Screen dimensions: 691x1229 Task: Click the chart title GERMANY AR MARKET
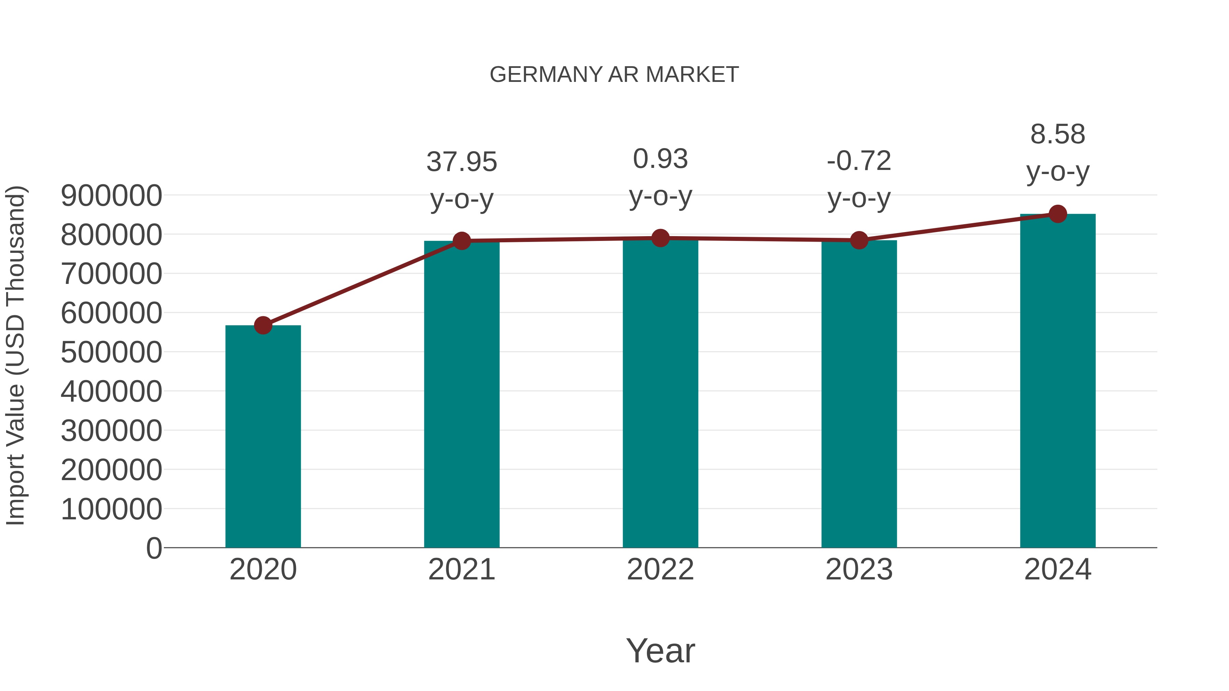(x=614, y=75)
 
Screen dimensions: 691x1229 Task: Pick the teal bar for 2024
(x=1058, y=382)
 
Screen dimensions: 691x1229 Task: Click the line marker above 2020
(x=263, y=326)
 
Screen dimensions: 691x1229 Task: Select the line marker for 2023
(x=859, y=240)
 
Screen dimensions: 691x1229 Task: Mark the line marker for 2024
(x=1058, y=214)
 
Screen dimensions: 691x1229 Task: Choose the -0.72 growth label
(x=859, y=161)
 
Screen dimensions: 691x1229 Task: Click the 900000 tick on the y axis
(x=111, y=196)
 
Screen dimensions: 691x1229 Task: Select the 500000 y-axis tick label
(x=111, y=352)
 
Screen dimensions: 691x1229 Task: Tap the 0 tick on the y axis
(x=154, y=548)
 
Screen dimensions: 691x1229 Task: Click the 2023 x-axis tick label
(x=859, y=570)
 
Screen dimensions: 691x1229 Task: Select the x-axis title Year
(x=660, y=650)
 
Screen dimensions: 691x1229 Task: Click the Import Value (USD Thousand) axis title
(x=15, y=355)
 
